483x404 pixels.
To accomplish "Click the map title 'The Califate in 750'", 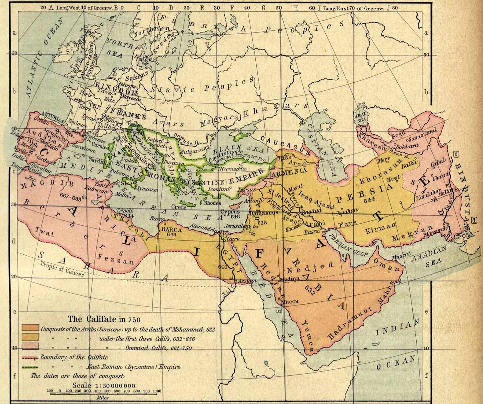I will pyautogui.click(x=104, y=319).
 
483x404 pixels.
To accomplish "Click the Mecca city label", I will pyautogui.click(x=290, y=301).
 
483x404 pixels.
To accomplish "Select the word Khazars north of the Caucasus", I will pyautogui.click(x=275, y=110).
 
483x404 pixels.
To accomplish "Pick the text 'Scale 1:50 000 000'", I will pyautogui.click(x=104, y=386).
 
